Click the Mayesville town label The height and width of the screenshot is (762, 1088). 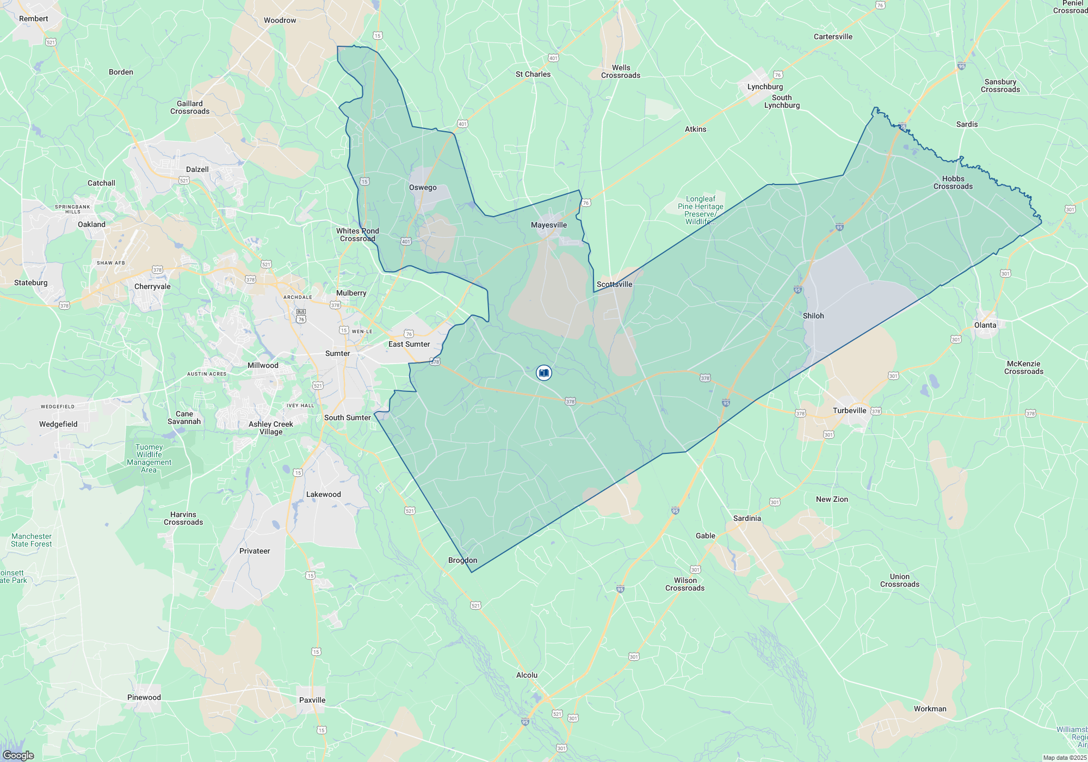[548, 225]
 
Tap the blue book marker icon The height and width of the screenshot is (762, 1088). [543, 373]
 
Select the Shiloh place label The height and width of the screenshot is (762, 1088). [813, 316]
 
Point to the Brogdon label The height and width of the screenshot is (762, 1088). [462, 560]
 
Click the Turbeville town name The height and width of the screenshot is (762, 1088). [849, 410]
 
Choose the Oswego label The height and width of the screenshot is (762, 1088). [423, 187]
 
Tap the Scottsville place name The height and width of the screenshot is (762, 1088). [614, 284]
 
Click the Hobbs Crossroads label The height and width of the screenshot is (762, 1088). [953, 182]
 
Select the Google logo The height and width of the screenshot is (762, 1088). [18, 755]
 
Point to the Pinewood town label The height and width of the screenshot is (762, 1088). [144, 697]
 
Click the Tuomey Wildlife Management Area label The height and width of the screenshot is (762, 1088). [149, 458]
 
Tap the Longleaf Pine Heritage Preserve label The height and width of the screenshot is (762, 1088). [701, 210]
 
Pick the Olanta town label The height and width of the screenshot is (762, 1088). [985, 325]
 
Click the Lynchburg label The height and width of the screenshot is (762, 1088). [765, 87]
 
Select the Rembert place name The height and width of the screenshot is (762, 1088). [34, 19]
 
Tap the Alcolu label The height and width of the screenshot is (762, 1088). [527, 675]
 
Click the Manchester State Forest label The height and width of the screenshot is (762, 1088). [32, 540]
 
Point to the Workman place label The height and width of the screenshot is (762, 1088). [930, 709]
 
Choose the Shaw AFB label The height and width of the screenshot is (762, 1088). [111, 263]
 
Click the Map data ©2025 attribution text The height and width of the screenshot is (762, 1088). [1065, 758]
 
